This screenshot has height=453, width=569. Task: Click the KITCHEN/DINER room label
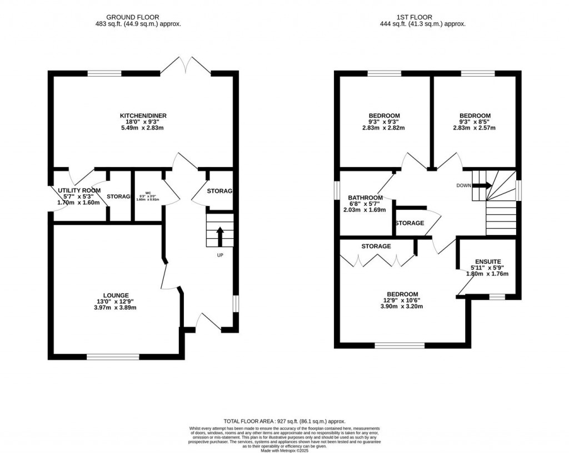pyautogui.click(x=143, y=116)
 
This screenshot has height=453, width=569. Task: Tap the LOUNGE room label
pyautogui.click(x=116, y=295)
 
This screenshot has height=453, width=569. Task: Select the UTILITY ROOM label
pyautogui.click(x=79, y=190)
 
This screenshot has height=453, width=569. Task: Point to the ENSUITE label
pyautogui.click(x=488, y=261)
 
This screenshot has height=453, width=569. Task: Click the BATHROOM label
pyautogui.click(x=365, y=198)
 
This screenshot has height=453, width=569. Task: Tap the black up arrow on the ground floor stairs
pyautogui.click(x=219, y=236)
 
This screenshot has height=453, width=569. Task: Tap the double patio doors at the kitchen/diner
pyautogui.click(x=186, y=66)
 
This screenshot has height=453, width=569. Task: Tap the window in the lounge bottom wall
pyautogui.click(x=112, y=356)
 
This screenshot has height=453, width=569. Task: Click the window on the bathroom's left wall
pyautogui.click(x=337, y=190)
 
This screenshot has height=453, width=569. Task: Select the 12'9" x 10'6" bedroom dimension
pyautogui.click(x=402, y=300)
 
